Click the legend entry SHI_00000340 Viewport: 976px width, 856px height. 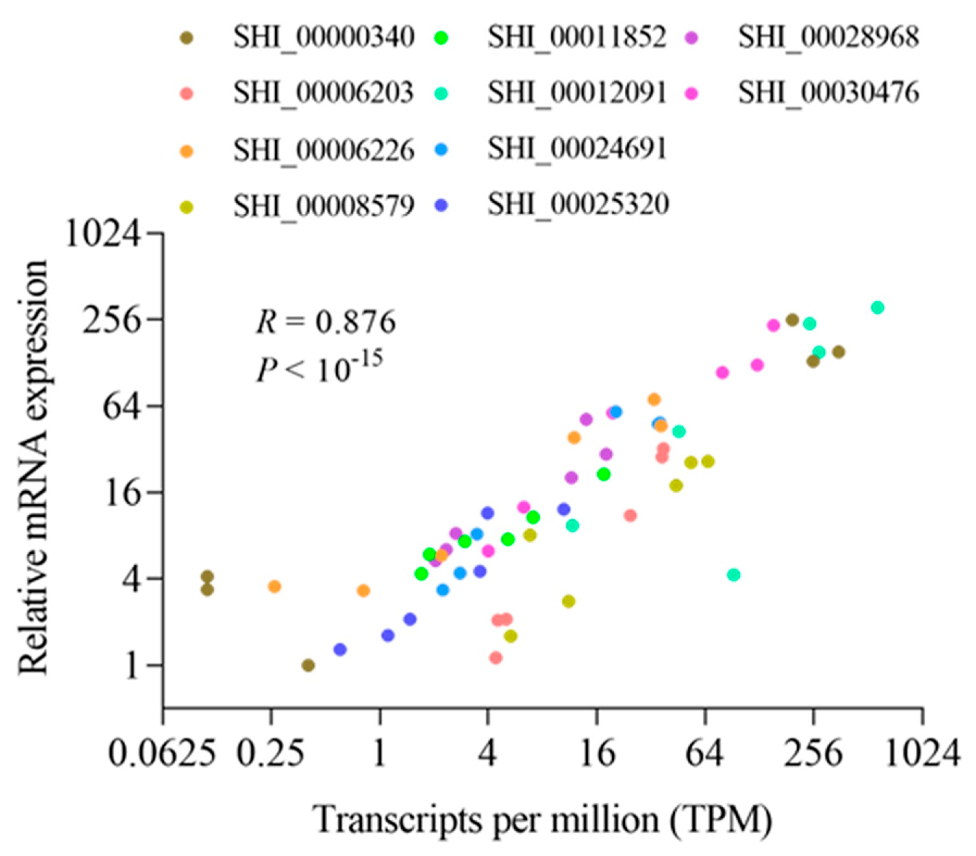tap(324, 38)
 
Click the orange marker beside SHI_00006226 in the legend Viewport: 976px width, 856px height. tap(188, 151)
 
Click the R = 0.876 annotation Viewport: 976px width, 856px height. tap(326, 322)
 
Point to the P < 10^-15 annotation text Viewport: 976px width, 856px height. tap(319, 368)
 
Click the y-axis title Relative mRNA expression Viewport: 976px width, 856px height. tap(34, 468)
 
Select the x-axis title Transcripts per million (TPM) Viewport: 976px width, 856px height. tap(542, 820)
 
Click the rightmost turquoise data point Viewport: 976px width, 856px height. tap(877, 307)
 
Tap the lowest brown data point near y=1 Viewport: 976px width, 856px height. tap(309, 665)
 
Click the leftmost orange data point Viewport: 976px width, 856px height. tap(274, 586)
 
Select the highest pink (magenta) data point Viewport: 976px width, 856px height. tap(773, 326)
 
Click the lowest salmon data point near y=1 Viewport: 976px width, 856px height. tap(496, 658)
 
